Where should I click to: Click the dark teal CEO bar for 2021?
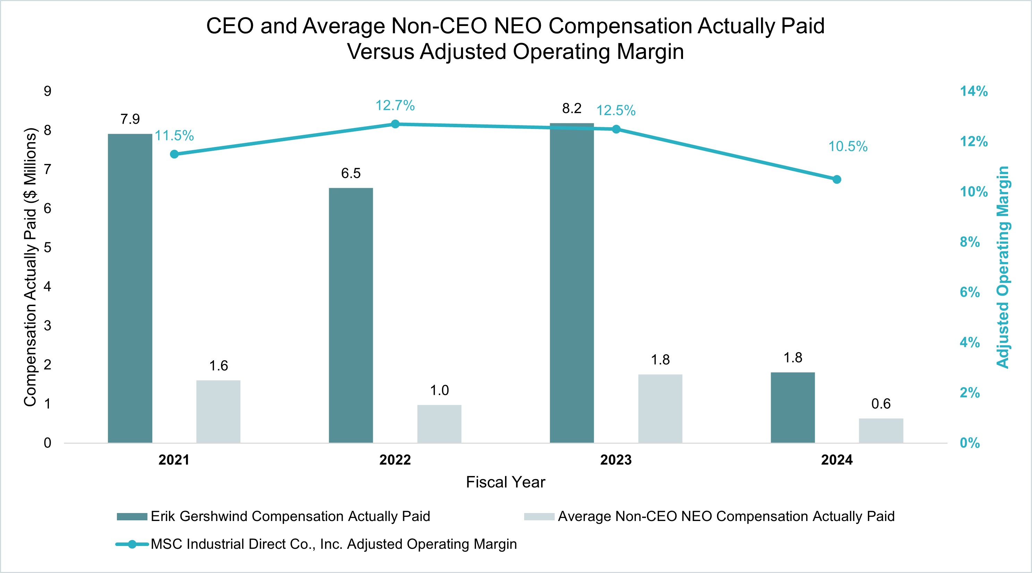[x=130, y=288]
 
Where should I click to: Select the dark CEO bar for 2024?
[x=792, y=407]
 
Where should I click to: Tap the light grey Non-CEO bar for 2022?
[x=439, y=424]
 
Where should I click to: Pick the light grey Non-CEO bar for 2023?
[x=660, y=408]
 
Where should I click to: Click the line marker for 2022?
[x=395, y=124]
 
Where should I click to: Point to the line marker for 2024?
[x=836, y=180]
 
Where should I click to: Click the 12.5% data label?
[x=616, y=111]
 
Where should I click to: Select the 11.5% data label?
[x=174, y=136]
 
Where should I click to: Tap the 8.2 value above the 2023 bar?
[x=571, y=108]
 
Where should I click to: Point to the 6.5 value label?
[x=351, y=173]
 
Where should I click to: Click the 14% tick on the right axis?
[x=973, y=91]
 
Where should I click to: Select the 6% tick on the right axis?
[x=970, y=292]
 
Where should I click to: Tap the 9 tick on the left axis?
[x=48, y=91]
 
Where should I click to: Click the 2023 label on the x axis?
[x=616, y=460]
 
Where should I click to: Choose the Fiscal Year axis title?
[x=505, y=482]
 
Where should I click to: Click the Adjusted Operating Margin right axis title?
[x=1003, y=267]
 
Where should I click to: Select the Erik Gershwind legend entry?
[x=290, y=516]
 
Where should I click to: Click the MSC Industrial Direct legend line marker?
[x=132, y=544]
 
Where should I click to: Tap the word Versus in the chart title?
[x=380, y=52]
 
